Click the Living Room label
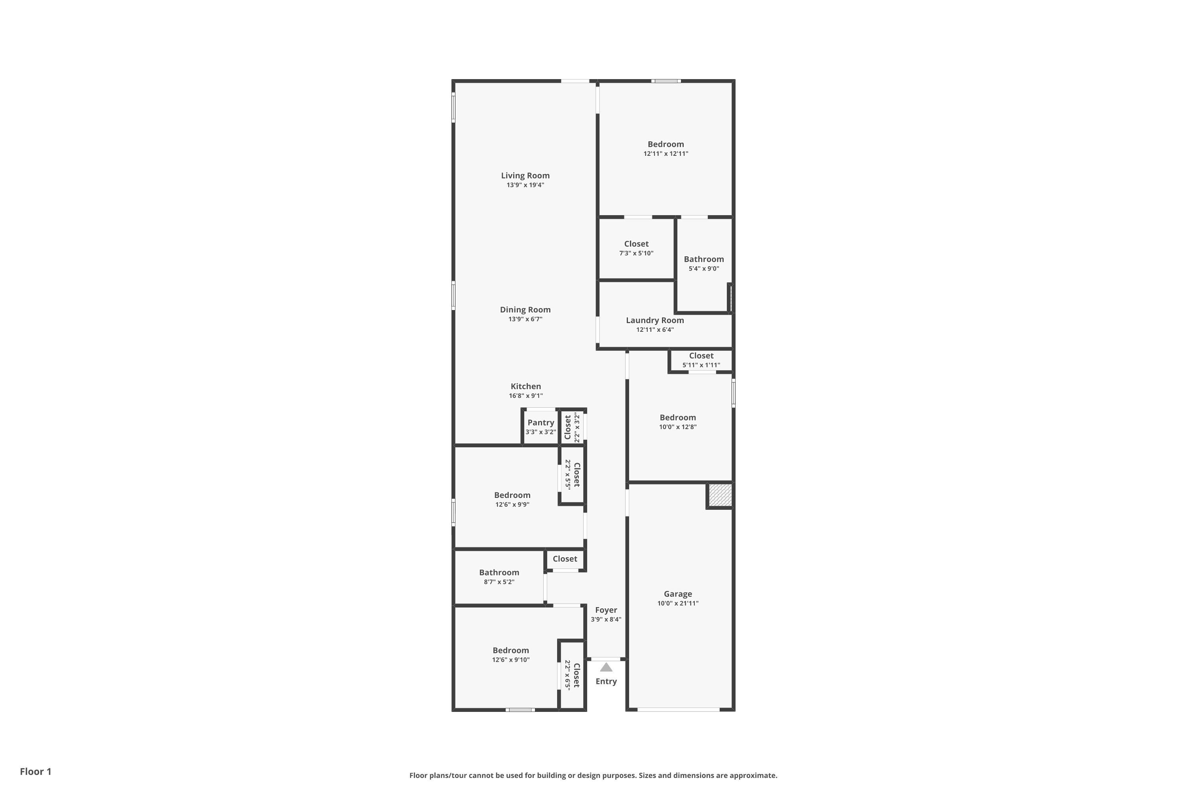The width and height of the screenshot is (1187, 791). pos(525,176)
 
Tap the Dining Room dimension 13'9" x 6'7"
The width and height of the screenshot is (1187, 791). pos(525,319)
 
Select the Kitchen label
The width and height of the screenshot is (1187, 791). pos(526,386)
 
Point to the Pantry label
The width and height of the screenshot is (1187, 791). pos(541,423)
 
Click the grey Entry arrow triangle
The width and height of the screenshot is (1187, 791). pos(606,668)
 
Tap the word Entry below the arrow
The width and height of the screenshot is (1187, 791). pos(606,681)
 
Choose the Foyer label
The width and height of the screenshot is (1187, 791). pos(606,610)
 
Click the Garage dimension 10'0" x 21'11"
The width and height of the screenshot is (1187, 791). pos(678,604)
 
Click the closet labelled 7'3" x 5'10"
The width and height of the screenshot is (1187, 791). pos(636,248)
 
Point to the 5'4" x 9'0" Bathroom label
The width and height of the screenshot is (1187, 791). pos(704,263)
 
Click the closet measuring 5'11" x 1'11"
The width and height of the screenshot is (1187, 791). pos(702,360)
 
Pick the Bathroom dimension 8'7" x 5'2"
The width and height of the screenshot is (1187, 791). pos(499,582)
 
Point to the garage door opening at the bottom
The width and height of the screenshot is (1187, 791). pos(678,710)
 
